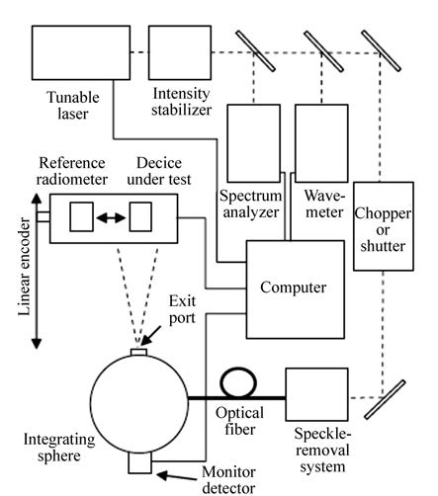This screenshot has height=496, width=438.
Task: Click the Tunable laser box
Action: coord(81,52)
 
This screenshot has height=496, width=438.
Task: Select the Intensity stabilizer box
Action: coord(180,52)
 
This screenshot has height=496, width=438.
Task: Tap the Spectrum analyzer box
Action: coord(254,143)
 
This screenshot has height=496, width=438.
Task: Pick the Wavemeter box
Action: coord(321,143)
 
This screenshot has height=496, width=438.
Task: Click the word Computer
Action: coord(294,288)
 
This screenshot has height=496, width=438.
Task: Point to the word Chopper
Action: coord(383,213)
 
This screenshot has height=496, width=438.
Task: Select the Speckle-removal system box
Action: coord(316,394)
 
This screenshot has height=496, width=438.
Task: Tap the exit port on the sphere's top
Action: coord(138,353)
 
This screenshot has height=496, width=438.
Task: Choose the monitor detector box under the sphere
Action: coord(140,462)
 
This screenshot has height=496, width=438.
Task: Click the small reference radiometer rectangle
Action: coord(81,216)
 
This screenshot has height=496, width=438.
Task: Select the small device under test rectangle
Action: coord(140,216)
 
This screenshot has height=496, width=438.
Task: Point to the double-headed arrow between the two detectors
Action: coord(111,217)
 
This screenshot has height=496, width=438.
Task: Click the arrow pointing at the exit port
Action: coord(150,336)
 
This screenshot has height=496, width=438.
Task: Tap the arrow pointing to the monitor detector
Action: coord(178,476)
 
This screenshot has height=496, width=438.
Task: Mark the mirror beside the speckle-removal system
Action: coord(385,399)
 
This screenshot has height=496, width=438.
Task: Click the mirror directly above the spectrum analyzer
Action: coord(255,51)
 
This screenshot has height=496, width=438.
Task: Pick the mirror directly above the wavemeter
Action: coord(323,51)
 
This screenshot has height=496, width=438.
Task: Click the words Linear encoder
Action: coord(24,267)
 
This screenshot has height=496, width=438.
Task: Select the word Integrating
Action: coord(59,440)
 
